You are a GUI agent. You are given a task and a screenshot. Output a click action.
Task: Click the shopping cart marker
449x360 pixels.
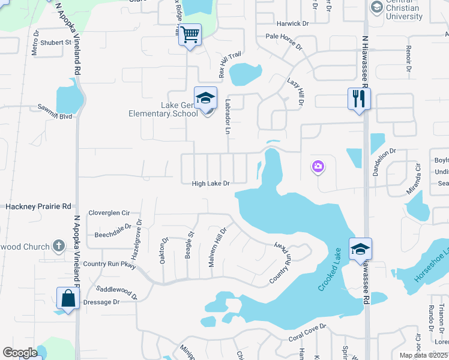tap(190, 35)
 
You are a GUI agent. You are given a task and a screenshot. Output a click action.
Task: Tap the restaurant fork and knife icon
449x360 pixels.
tap(359, 98)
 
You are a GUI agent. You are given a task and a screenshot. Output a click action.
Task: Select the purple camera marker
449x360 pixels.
tap(318, 166)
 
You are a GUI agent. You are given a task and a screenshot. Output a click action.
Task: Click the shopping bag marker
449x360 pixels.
tap(68, 298)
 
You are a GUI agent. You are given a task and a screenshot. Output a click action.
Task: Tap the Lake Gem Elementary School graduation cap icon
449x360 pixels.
tap(205, 98)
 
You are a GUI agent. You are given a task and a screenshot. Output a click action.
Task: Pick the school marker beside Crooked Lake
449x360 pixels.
tap(360, 249)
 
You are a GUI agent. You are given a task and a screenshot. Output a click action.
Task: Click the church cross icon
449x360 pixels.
tap(58, 245)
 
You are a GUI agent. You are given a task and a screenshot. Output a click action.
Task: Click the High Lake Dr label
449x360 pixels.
tap(211, 184)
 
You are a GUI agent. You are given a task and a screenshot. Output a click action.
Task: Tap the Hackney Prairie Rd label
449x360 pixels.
tap(38, 206)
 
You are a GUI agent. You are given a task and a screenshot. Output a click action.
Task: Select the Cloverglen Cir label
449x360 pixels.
tap(109, 212)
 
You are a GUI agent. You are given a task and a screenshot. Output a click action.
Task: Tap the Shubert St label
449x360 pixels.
tap(56, 43)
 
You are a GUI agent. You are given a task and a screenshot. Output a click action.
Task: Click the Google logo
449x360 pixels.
tap(20, 353)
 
